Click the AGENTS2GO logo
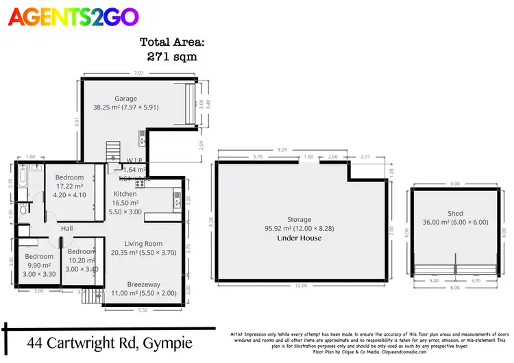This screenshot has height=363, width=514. pyautogui.click(x=73, y=16)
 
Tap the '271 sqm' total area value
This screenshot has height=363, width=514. pyautogui.click(x=172, y=56)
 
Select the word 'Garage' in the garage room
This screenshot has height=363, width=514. pyautogui.click(x=125, y=98)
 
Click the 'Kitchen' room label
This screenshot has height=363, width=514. pyautogui.click(x=125, y=194)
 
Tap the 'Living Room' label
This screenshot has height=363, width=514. pyautogui.click(x=143, y=244)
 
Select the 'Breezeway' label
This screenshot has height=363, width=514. pyautogui.click(x=144, y=284)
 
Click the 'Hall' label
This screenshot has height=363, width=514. pyautogui.click(x=66, y=228)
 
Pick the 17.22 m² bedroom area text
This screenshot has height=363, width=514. pyautogui.click(x=69, y=186)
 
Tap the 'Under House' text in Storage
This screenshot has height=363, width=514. pyautogui.click(x=299, y=238)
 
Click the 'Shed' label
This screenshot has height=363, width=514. pyautogui.click(x=455, y=214)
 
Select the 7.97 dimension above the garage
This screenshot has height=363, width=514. pyautogui.click(x=138, y=73)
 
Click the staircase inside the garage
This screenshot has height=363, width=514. pyautogui.click(x=113, y=149)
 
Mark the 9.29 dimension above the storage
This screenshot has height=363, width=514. pyautogui.click(x=282, y=149)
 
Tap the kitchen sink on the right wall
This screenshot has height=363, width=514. pyautogui.click(x=177, y=199)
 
